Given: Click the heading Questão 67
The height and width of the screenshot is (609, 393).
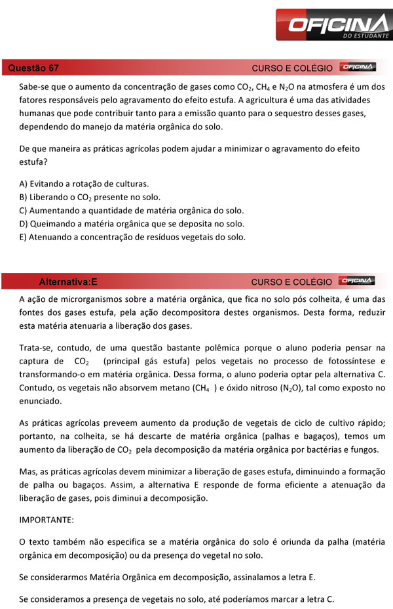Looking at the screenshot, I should tap(33, 68).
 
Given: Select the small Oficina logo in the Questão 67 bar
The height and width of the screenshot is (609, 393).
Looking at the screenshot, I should tap(358, 68).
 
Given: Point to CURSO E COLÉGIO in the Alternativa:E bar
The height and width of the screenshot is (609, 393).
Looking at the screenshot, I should tap(291, 282).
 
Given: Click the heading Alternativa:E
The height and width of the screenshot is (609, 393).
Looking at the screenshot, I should tap(68, 282).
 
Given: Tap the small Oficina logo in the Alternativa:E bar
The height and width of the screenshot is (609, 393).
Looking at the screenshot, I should tap(358, 281).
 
